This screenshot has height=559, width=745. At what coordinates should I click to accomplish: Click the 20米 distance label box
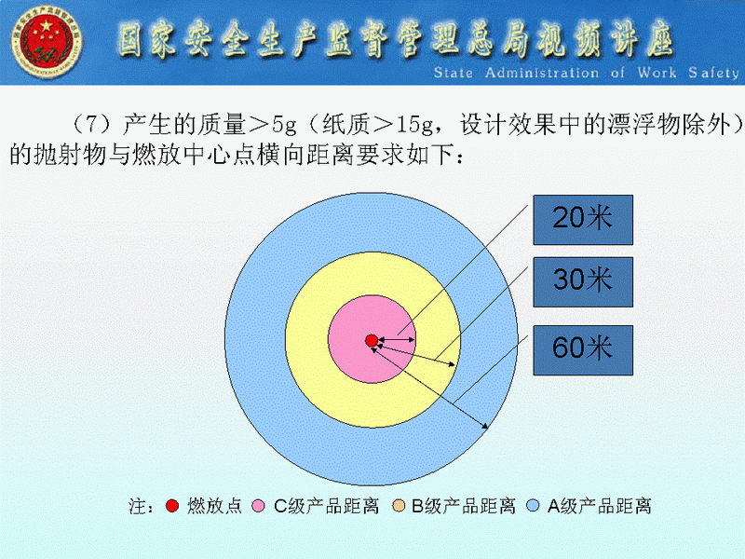tap(583, 220)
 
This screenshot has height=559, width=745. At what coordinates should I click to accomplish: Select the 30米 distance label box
tap(583, 282)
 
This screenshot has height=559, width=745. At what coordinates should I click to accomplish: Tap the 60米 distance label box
tap(583, 350)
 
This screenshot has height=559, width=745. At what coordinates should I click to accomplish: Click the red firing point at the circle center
tap(372, 340)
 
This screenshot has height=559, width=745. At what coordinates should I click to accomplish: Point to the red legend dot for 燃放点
tap(172, 506)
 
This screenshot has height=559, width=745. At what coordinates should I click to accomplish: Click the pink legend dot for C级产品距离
tap(258, 506)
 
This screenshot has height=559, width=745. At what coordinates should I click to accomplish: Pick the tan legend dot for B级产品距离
tap(399, 506)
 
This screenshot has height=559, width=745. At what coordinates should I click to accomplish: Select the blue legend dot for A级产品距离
tap(533, 506)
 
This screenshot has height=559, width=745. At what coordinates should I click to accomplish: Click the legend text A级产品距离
tap(599, 506)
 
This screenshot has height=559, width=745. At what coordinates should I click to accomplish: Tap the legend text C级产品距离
tap(327, 506)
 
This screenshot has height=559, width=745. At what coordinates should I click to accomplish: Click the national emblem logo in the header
tap(46, 42)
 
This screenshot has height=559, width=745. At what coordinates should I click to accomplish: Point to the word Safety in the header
tap(713, 73)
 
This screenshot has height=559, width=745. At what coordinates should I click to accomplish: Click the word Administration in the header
tap(542, 73)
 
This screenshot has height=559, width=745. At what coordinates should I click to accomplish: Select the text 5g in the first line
tap(284, 125)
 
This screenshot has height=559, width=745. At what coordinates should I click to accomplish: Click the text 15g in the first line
tap(414, 125)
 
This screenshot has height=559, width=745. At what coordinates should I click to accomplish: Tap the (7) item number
tap(92, 125)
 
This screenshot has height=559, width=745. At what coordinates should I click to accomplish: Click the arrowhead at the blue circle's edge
tap(484, 426)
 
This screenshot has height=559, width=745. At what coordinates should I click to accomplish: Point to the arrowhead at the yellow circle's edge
tap(452, 364)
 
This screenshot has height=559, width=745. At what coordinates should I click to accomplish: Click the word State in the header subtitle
tap(454, 73)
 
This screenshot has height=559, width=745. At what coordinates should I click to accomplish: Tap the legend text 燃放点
tap(214, 506)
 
